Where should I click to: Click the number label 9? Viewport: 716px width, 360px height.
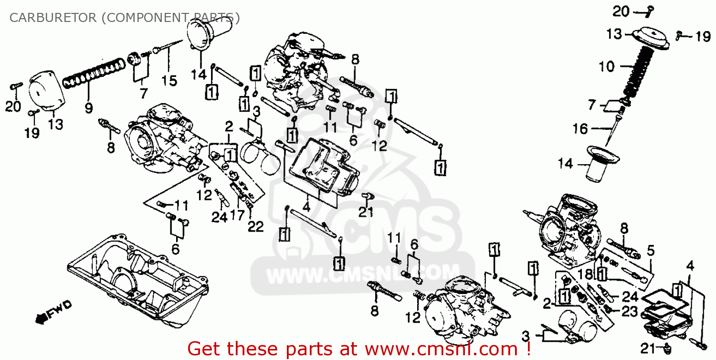click(89, 108)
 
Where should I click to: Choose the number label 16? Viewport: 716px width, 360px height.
click(580, 128)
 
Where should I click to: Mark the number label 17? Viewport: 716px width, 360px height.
click(237, 215)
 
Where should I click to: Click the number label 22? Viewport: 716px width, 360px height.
click(256, 226)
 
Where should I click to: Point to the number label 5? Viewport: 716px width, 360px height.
click(651, 250)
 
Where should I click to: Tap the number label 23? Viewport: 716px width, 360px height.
click(630, 311)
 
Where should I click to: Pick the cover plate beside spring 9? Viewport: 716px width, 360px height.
click(46, 94)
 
